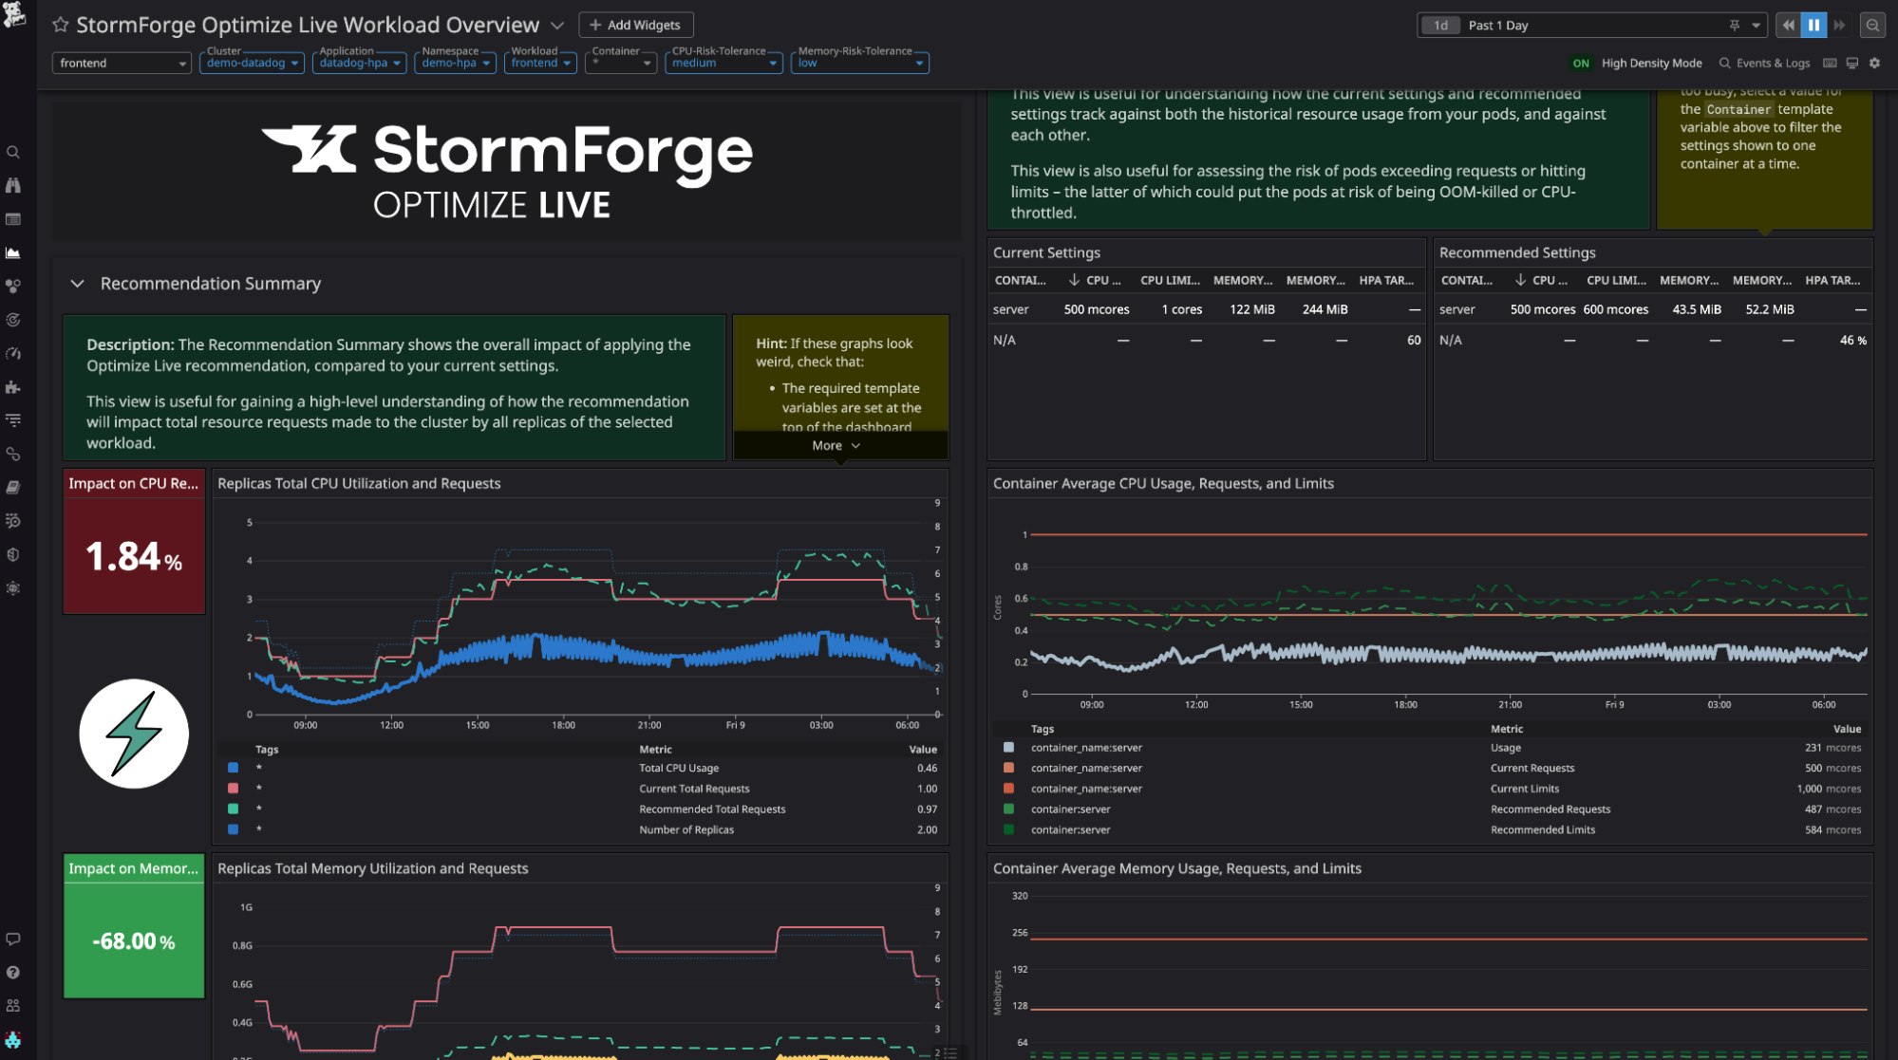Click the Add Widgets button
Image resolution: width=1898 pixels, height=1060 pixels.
pyautogui.click(x=635, y=25)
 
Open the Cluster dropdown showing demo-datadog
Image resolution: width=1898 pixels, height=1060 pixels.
pyautogui.click(x=251, y=63)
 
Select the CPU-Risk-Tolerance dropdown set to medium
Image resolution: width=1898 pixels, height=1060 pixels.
pyautogui.click(x=723, y=63)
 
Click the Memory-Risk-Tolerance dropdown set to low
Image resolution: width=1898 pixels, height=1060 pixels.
pyautogui.click(x=858, y=63)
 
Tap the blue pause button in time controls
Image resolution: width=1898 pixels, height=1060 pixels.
pyautogui.click(x=1813, y=26)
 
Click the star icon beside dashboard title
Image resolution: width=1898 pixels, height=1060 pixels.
pyautogui.click(x=61, y=25)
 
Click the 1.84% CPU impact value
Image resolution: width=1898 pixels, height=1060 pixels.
pyautogui.click(x=133, y=557)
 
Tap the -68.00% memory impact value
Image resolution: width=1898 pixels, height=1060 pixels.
pyautogui.click(x=133, y=941)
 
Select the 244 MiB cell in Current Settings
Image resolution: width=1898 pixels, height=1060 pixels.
pyautogui.click(x=1325, y=309)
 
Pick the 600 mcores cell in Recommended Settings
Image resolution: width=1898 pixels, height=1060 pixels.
pyautogui.click(x=1615, y=309)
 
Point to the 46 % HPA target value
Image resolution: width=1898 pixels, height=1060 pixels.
pyautogui.click(x=1852, y=340)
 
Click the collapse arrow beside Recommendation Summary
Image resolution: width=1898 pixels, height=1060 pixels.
pyautogui.click(x=78, y=284)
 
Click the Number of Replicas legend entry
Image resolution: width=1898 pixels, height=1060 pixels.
pyautogui.click(x=686, y=829)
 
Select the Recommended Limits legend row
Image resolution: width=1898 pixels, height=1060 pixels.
pyautogui.click(x=1542, y=829)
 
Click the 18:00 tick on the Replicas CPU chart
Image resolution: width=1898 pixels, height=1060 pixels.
pyautogui.click(x=563, y=725)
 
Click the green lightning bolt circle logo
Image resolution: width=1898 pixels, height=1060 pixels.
pyautogui.click(x=134, y=734)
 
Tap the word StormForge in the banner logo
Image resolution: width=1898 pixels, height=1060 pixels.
pyautogui.click(x=562, y=152)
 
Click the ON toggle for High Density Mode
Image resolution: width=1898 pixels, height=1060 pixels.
pyautogui.click(x=1580, y=64)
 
